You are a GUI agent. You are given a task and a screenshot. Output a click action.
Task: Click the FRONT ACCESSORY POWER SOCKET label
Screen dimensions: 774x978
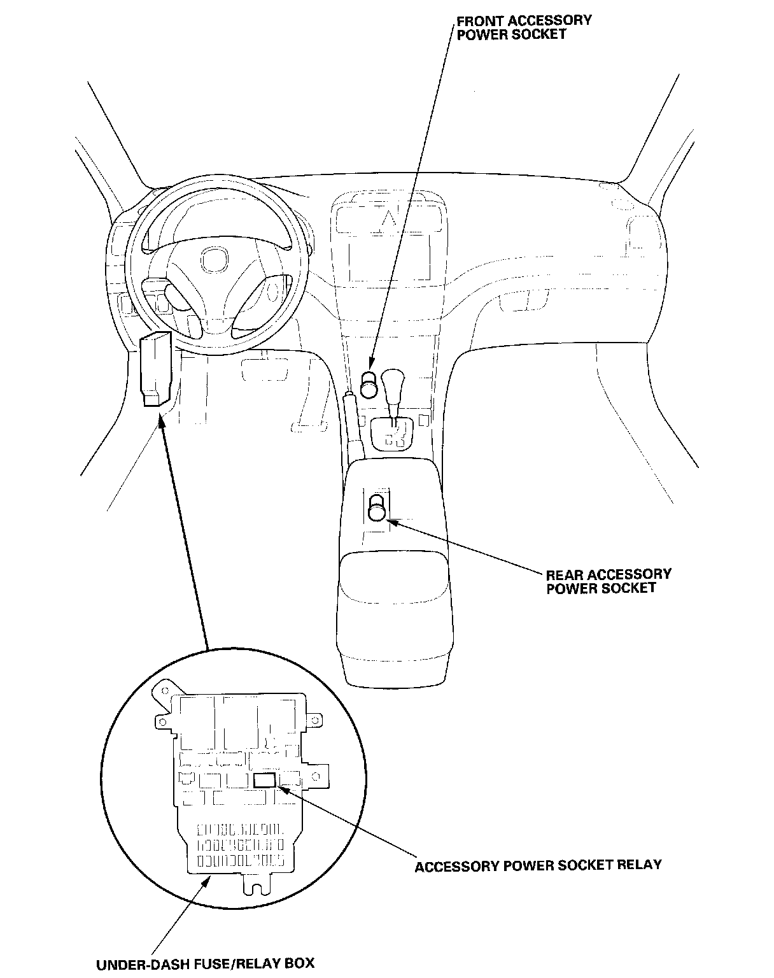pos(524,28)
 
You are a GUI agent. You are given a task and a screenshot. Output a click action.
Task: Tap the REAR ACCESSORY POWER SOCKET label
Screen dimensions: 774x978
pos(609,581)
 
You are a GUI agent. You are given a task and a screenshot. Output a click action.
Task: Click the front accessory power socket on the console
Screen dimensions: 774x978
pos(370,384)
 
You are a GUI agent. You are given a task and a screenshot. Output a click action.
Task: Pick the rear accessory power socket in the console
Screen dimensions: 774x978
pos(377,507)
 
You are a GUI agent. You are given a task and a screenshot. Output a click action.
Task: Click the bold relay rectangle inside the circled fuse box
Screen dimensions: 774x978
pos(265,780)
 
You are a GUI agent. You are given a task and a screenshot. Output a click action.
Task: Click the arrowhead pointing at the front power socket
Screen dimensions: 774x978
pos(371,364)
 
